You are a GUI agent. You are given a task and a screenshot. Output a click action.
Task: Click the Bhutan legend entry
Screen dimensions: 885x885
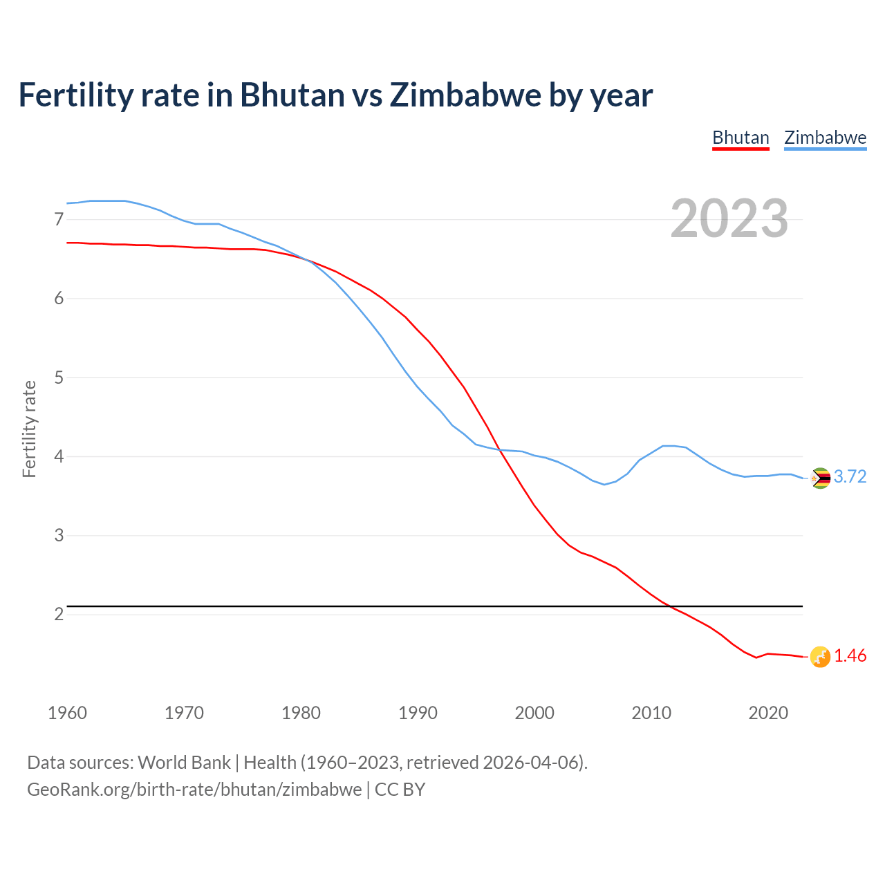click(740, 138)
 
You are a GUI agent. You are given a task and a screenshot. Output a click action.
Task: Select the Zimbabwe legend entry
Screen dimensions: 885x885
click(825, 138)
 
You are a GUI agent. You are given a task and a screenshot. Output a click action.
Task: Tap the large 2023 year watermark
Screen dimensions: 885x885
click(729, 218)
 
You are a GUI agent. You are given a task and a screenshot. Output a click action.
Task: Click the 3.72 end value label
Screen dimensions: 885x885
click(850, 477)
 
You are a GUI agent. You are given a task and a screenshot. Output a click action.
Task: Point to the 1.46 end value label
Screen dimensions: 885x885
click(850, 656)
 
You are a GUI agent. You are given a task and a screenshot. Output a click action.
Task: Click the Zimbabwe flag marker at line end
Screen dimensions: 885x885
click(820, 478)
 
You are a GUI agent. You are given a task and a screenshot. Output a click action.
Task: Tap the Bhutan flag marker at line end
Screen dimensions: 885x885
click(820, 657)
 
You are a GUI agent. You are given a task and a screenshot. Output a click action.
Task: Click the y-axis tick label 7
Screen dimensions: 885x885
click(59, 220)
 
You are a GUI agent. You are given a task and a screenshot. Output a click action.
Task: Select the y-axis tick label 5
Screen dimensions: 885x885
click(59, 378)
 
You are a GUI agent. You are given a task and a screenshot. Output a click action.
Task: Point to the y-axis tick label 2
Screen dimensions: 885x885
click(59, 615)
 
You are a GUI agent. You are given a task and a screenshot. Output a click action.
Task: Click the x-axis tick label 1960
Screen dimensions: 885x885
click(67, 713)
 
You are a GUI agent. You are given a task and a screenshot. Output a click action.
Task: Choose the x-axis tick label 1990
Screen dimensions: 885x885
click(418, 713)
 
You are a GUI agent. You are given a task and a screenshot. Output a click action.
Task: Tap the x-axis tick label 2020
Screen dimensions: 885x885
click(768, 713)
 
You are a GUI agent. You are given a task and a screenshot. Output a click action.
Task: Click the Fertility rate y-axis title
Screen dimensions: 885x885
click(29, 429)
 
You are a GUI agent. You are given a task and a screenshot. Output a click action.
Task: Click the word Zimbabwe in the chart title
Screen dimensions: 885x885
click(465, 95)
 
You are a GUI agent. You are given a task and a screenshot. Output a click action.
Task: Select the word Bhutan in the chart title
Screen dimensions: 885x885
click(292, 95)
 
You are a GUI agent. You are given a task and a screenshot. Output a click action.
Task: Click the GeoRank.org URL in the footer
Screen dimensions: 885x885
click(194, 790)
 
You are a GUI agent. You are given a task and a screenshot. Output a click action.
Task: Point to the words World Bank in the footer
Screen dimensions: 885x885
click(184, 763)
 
